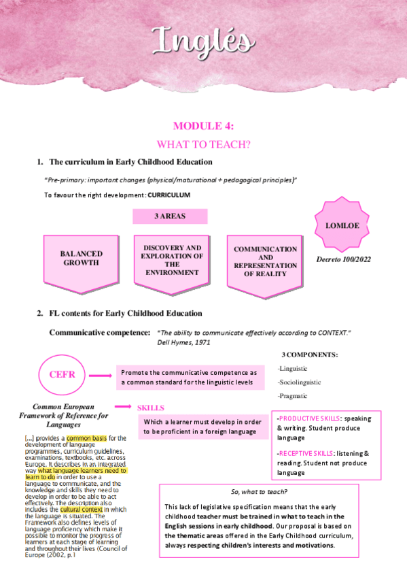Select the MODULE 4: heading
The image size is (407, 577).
click(x=203, y=125)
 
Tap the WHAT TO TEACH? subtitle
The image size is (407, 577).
click(x=203, y=144)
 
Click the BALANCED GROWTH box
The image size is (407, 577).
click(x=81, y=259)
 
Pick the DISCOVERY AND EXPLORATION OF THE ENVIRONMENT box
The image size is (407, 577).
click(x=171, y=260)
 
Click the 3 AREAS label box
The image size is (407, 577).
click(x=170, y=216)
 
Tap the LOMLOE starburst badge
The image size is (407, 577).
click(x=344, y=224)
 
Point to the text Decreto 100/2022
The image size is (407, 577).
click(x=344, y=259)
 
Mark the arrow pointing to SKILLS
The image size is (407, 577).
click(x=123, y=407)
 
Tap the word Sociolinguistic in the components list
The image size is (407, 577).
click(x=300, y=382)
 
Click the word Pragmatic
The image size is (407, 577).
click(x=293, y=396)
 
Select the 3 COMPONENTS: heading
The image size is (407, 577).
click(x=309, y=355)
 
